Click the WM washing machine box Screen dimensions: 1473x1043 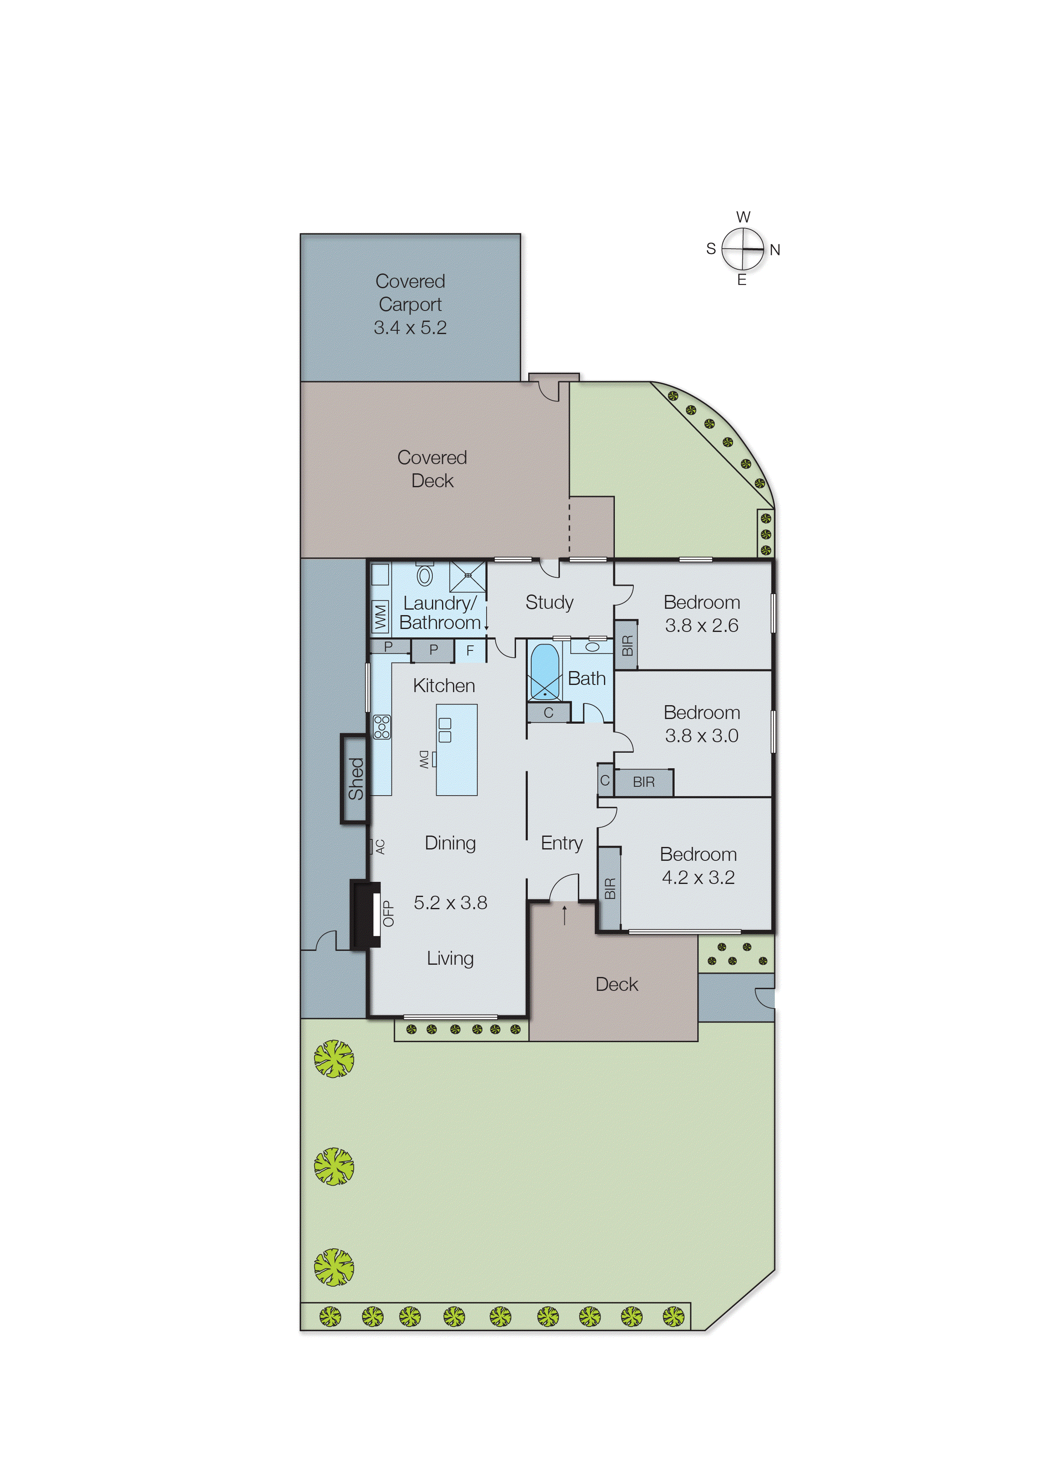pyautogui.click(x=380, y=617)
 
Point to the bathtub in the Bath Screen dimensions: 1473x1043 pyautogui.click(x=545, y=671)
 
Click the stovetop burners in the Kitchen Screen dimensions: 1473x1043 pyautogui.click(x=381, y=727)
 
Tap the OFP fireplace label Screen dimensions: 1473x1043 pyautogui.click(x=388, y=913)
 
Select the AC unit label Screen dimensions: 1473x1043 pyautogui.click(x=380, y=847)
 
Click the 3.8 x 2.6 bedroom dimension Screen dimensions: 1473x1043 pyautogui.click(x=702, y=625)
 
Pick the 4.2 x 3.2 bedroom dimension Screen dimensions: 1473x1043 pyautogui.click(x=698, y=878)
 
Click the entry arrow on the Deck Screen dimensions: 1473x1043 pyautogui.click(x=564, y=915)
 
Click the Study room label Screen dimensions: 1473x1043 pyautogui.click(x=549, y=602)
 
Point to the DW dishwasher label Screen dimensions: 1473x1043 pyautogui.click(x=424, y=759)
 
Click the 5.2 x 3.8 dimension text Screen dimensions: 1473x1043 pyautogui.click(x=450, y=902)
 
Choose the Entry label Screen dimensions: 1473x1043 pyautogui.click(x=561, y=843)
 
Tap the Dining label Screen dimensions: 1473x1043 pyautogui.click(x=450, y=843)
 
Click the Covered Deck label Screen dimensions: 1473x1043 pyautogui.click(x=432, y=469)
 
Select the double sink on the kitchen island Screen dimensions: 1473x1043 pyautogui.click(x=445, y=730)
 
